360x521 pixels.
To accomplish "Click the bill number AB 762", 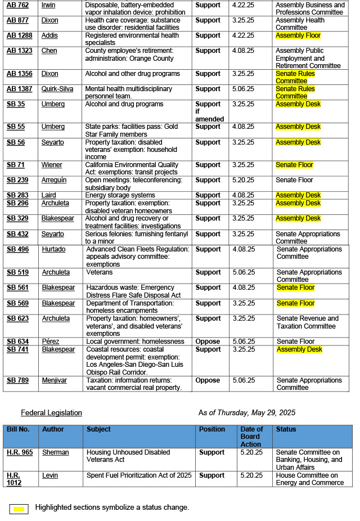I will pos(17,5).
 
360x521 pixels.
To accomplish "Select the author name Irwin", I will pos(48,5).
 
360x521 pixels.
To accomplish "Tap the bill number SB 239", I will pos(17,180).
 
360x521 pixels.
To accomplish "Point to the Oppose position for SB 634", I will pos(208,342).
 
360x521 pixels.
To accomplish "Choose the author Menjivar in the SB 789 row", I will pos(54,380).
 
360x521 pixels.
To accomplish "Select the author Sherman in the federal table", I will pos(55,452).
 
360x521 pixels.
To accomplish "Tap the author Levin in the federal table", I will pos(49,475).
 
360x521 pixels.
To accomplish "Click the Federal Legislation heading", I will pos(51,413).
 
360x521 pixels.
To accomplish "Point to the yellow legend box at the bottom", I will pos(19,509).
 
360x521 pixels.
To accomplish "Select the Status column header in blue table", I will pos(286,429).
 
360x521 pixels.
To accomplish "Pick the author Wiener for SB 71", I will pos(52,165).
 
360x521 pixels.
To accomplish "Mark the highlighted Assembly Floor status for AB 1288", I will pos(298,35).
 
